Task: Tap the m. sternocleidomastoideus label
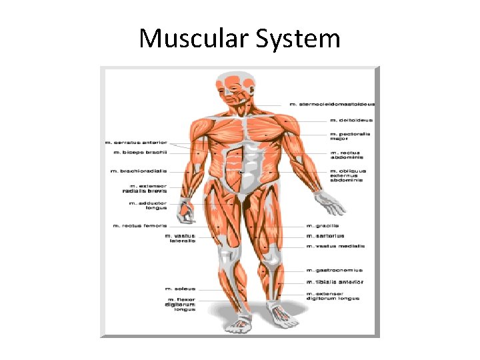332,104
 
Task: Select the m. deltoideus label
351,121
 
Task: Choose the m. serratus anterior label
137,142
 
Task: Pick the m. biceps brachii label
139,153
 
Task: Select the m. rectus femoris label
139,225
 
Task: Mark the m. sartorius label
325,236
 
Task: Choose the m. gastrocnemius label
334,270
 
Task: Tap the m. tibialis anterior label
334,282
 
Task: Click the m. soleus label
181,289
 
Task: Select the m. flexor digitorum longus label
181,305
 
